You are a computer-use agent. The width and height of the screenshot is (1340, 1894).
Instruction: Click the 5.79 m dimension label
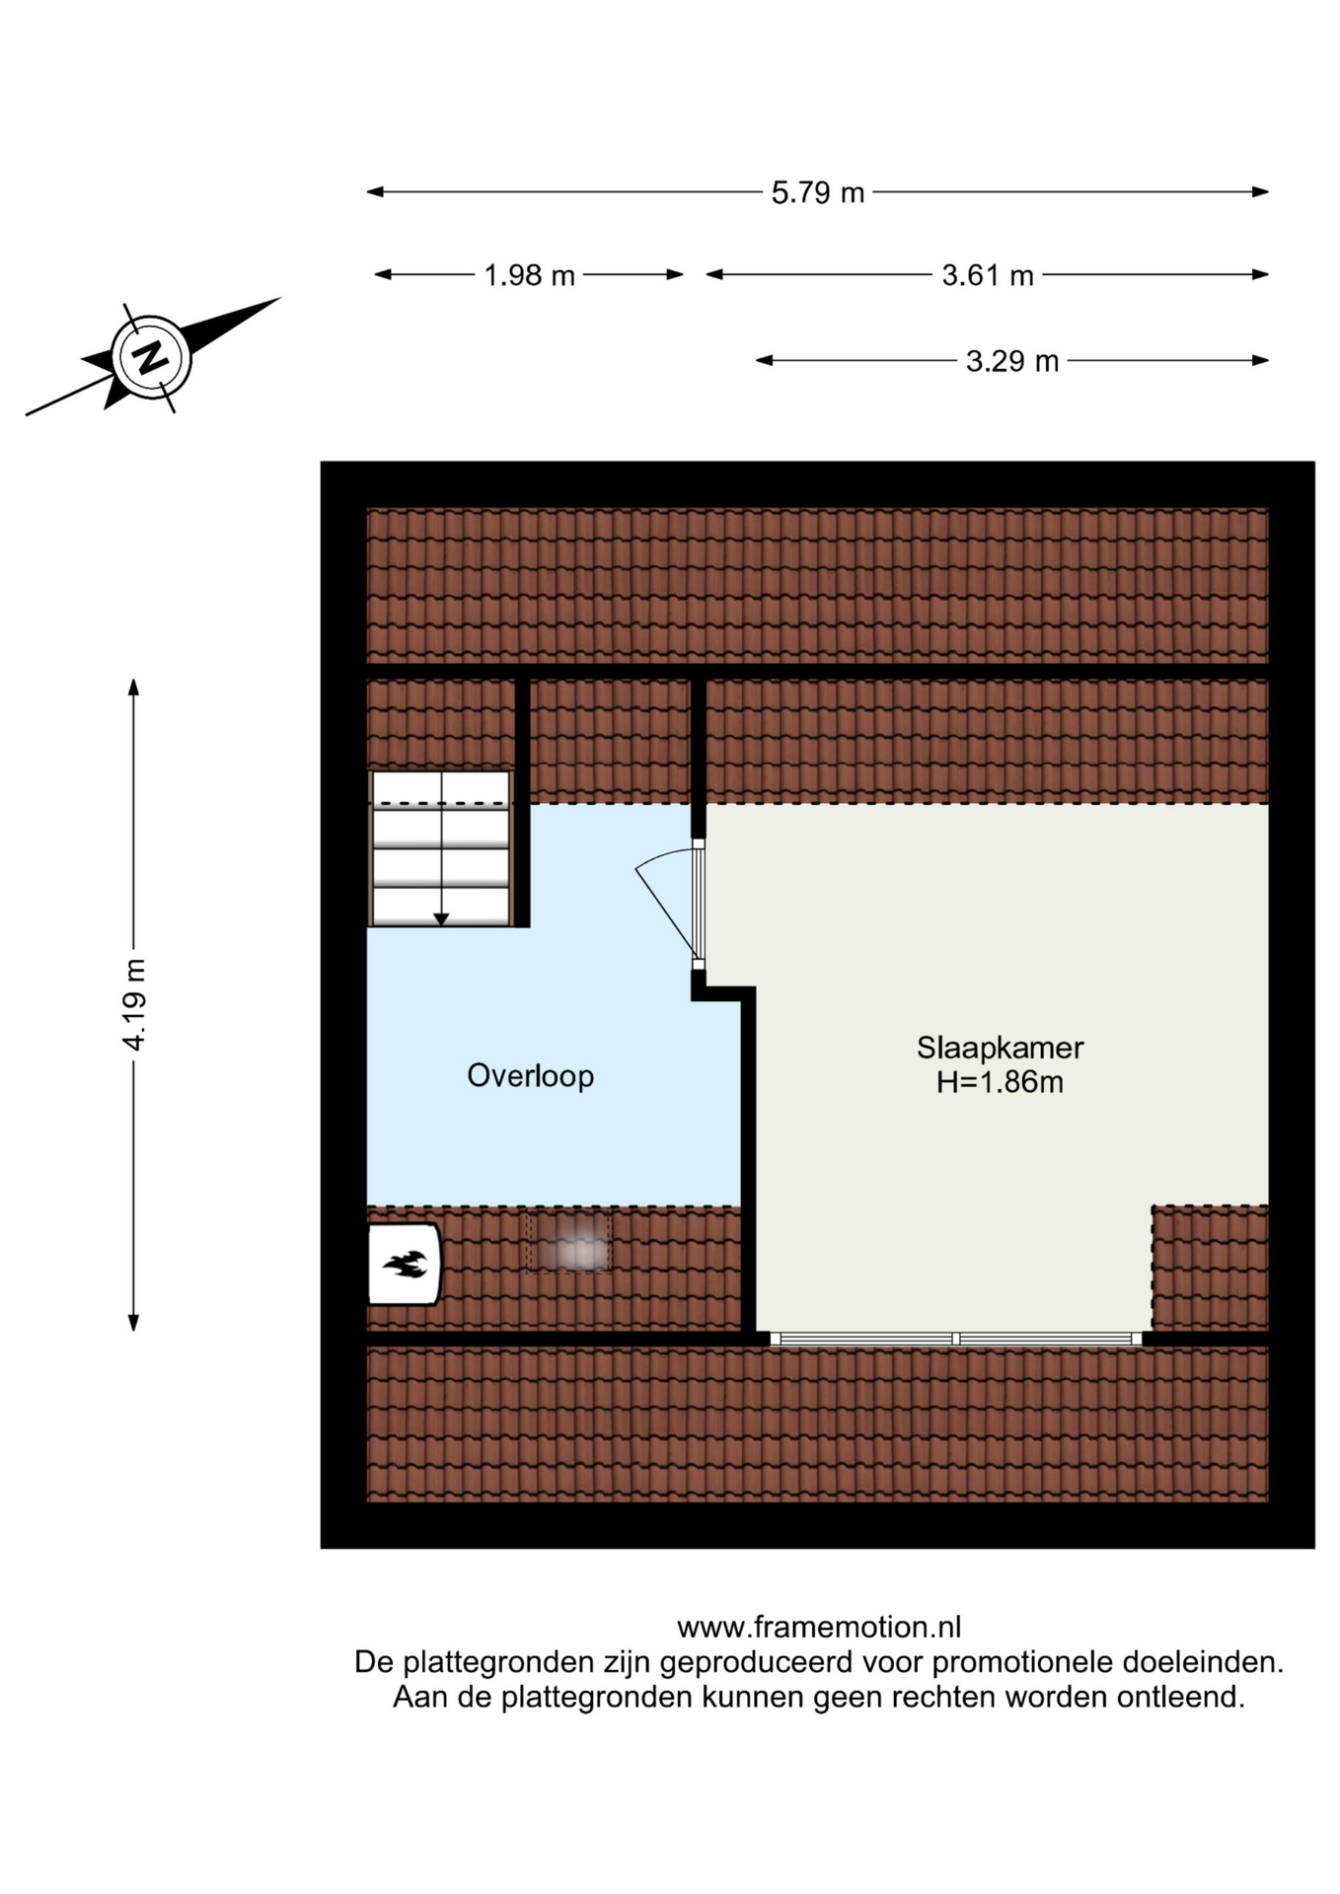[x=817, y=192]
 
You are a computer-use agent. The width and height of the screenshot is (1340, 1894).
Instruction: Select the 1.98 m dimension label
[x=529, y=275]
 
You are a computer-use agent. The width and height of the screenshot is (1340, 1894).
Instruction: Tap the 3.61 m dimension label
[x=987, y=275]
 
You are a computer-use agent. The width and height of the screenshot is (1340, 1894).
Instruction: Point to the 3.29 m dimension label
[x=1011, y=361]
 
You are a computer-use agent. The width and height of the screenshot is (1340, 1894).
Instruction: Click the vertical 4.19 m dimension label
[x=134, y=1003]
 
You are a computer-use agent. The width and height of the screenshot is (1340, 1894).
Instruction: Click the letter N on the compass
[x=151, y=356]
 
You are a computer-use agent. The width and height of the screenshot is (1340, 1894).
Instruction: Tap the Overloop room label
[x=530, y=1075]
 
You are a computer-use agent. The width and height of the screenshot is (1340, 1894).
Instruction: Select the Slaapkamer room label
[x=1000, y=1047]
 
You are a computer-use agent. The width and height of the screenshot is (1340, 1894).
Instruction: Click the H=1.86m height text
[x=1000, y=1082]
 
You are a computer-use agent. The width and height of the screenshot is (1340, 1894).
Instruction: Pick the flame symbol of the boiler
[x=406, y=1264]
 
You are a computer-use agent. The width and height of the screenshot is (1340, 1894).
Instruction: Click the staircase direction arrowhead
[x=441, y=919]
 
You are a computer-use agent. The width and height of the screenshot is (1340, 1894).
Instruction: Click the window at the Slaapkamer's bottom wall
[x=955, y=1339]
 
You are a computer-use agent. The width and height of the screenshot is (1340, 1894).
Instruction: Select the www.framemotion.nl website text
[x=819, y=1627]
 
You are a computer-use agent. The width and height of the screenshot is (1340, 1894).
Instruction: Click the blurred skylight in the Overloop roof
[x=568, y=1242]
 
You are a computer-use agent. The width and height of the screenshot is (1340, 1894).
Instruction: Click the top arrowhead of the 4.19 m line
[x=134, y=688]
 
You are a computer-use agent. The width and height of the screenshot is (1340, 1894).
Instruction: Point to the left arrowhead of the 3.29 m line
[x=765, y=361]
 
